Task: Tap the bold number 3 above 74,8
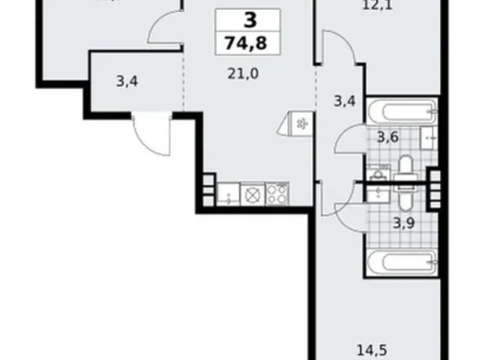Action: click(249, 21)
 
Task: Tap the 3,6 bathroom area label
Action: click(389, 138)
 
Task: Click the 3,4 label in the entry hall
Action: click(127, 82)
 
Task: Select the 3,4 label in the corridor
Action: click(344, 101)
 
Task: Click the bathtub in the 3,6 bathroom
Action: click(400, 112)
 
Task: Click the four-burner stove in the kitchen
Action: click(277, 195)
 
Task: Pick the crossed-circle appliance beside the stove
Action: click(253, 195)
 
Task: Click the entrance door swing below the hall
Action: click(150, 134)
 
